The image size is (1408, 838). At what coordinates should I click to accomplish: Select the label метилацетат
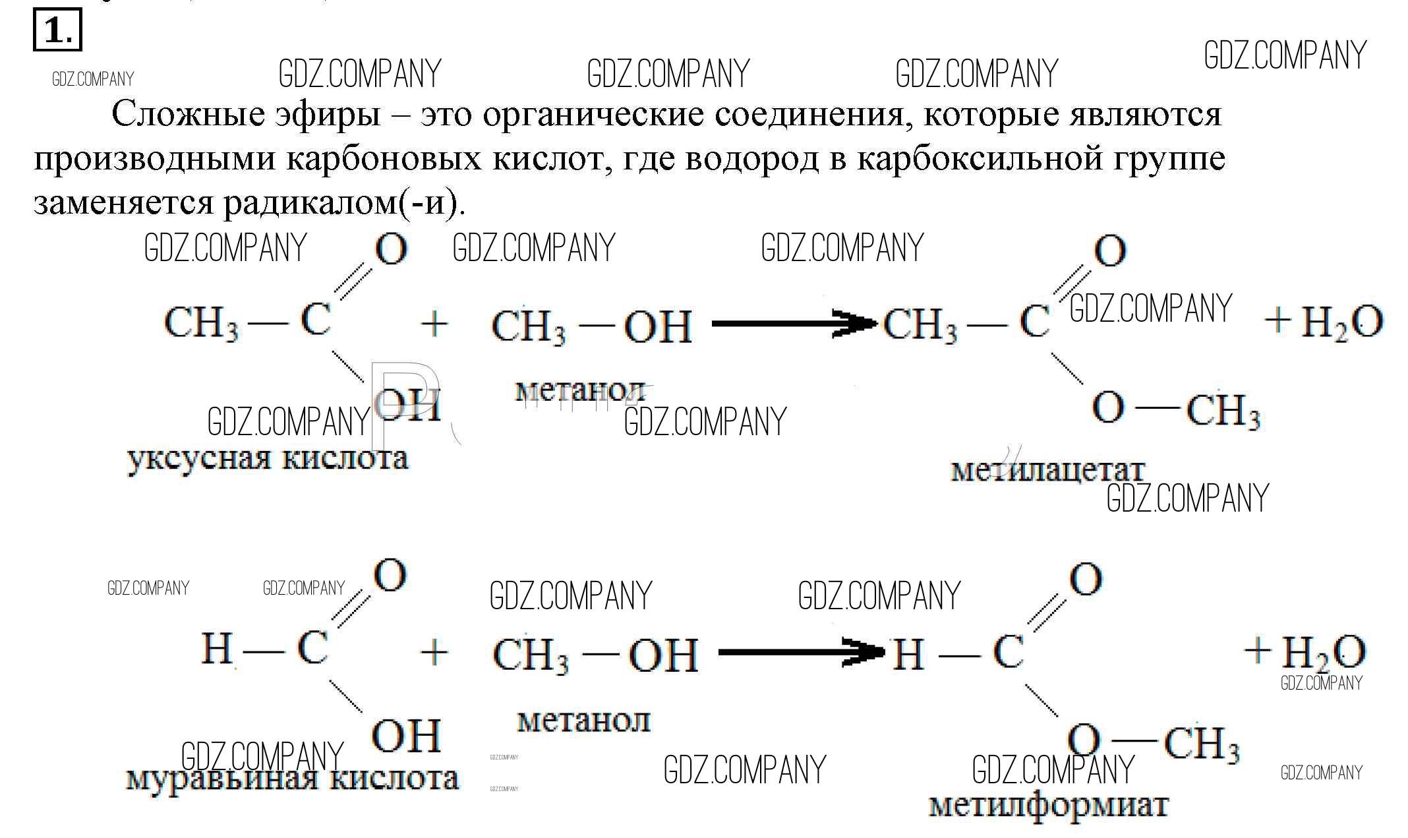tap(1047, 470)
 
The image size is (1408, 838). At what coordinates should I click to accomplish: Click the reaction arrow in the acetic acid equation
tap(795, 323)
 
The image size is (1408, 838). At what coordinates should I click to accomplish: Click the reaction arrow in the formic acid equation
tap(801, 652)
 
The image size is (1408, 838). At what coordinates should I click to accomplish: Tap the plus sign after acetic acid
tap(434, 324)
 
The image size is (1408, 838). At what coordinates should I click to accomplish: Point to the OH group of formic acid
tap(406, 736)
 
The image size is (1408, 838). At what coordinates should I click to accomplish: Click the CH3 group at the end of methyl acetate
tap(1223, 411)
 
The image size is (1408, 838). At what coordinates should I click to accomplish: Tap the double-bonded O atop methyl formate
tap(1086, 580)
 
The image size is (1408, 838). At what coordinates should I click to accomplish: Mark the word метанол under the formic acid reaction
tap(583, 721)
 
